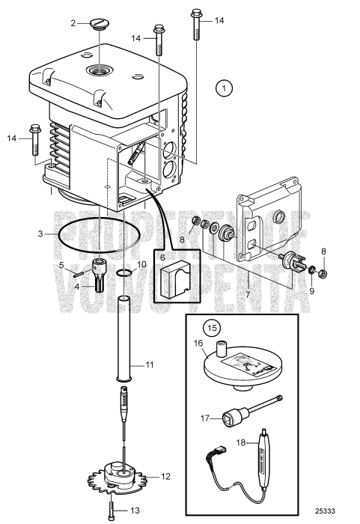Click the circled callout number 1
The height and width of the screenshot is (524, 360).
coord(223,88)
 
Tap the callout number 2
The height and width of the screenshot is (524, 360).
coord(73,24)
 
